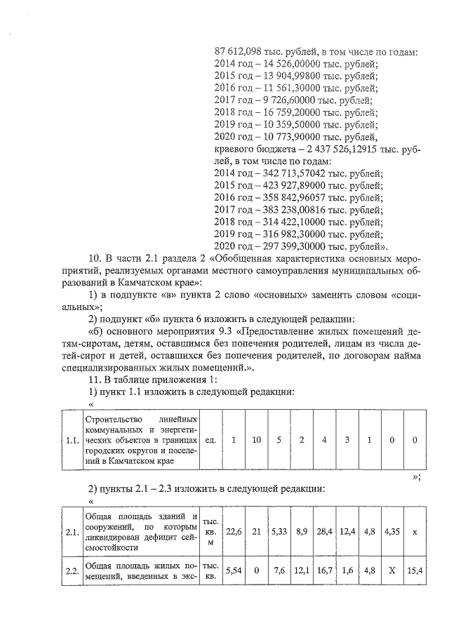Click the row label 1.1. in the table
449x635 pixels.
pos(71,441)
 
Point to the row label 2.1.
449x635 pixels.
pos(71,533)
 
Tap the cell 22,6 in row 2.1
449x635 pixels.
pos(233,533)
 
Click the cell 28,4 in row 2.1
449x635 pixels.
pos(325,533)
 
